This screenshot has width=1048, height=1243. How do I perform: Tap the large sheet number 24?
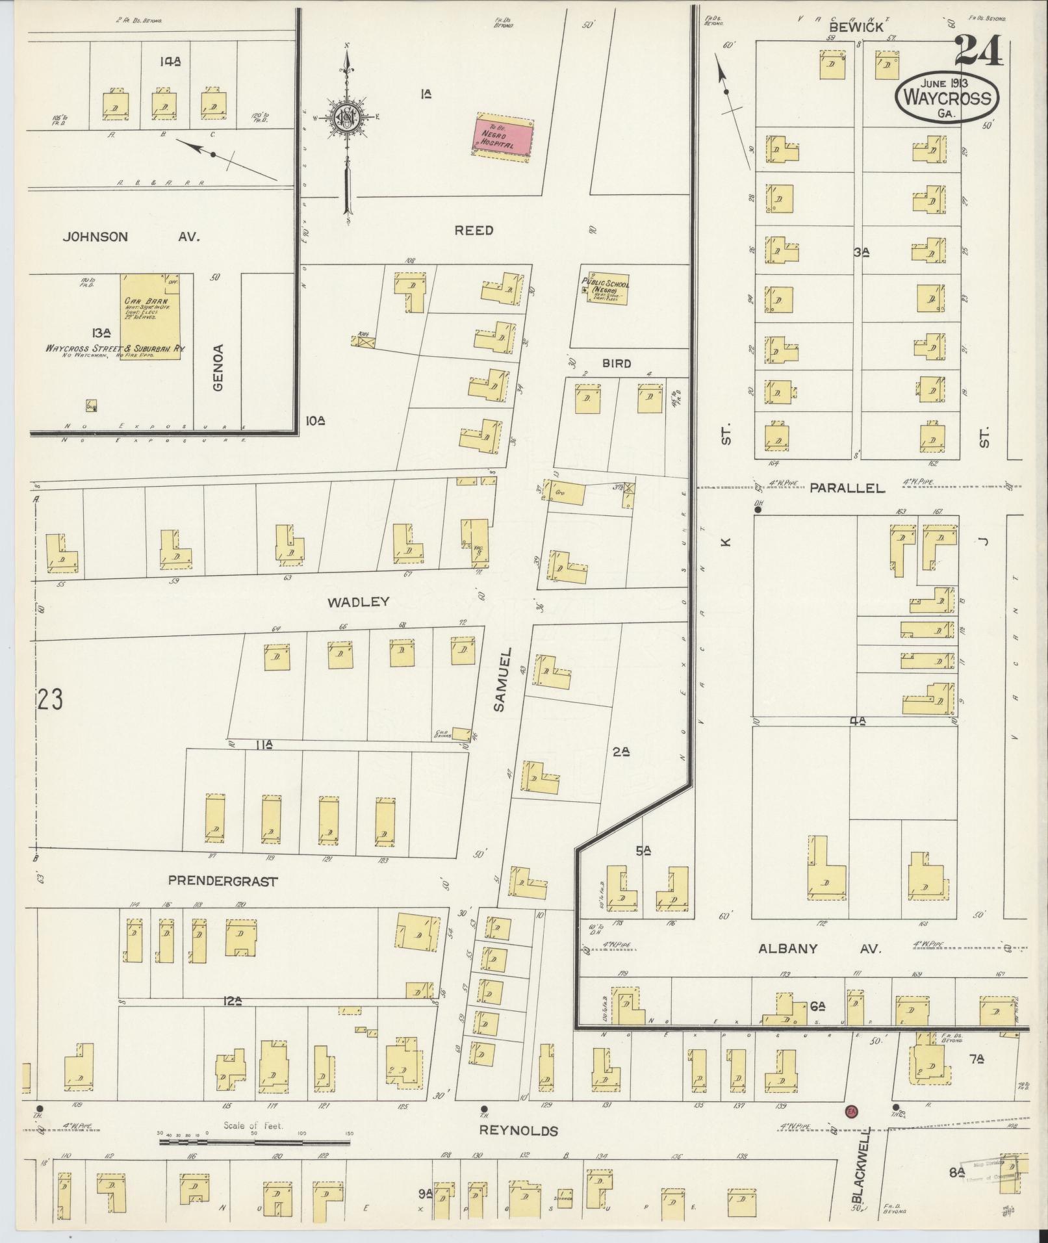(979, 50)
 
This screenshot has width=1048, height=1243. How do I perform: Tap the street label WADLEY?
(358, 602)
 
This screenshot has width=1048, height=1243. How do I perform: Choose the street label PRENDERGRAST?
(223, 882)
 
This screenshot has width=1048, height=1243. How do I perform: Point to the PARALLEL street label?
(847, 488)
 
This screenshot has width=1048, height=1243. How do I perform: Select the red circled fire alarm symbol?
(850, 1112)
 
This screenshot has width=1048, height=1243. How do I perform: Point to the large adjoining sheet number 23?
(50, 700)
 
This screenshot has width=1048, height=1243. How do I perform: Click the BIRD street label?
(616, 363)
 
